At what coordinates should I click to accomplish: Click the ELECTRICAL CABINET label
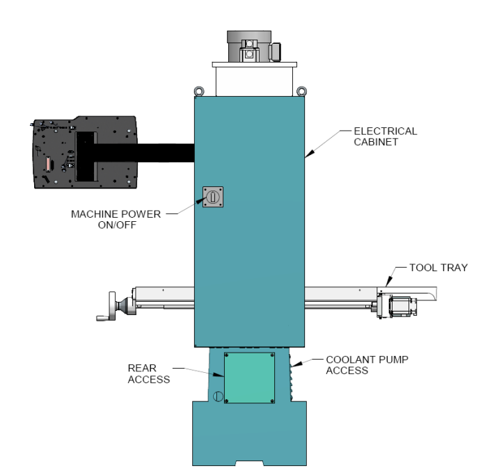[385, 136]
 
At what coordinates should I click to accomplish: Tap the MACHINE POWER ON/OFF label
[116, 219]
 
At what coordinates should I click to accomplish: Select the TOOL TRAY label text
[438, 267]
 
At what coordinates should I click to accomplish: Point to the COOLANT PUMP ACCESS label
[367, 365]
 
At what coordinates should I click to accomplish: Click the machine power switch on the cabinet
[213, 198]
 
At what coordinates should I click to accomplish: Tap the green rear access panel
[249, 377]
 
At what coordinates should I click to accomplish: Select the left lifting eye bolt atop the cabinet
[198, 90]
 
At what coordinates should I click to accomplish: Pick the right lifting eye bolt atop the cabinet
[301, 90]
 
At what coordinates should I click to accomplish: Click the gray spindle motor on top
[251, 47]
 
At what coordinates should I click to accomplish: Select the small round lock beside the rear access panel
[218, 396]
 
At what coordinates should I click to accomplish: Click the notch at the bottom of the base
[248, 462]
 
